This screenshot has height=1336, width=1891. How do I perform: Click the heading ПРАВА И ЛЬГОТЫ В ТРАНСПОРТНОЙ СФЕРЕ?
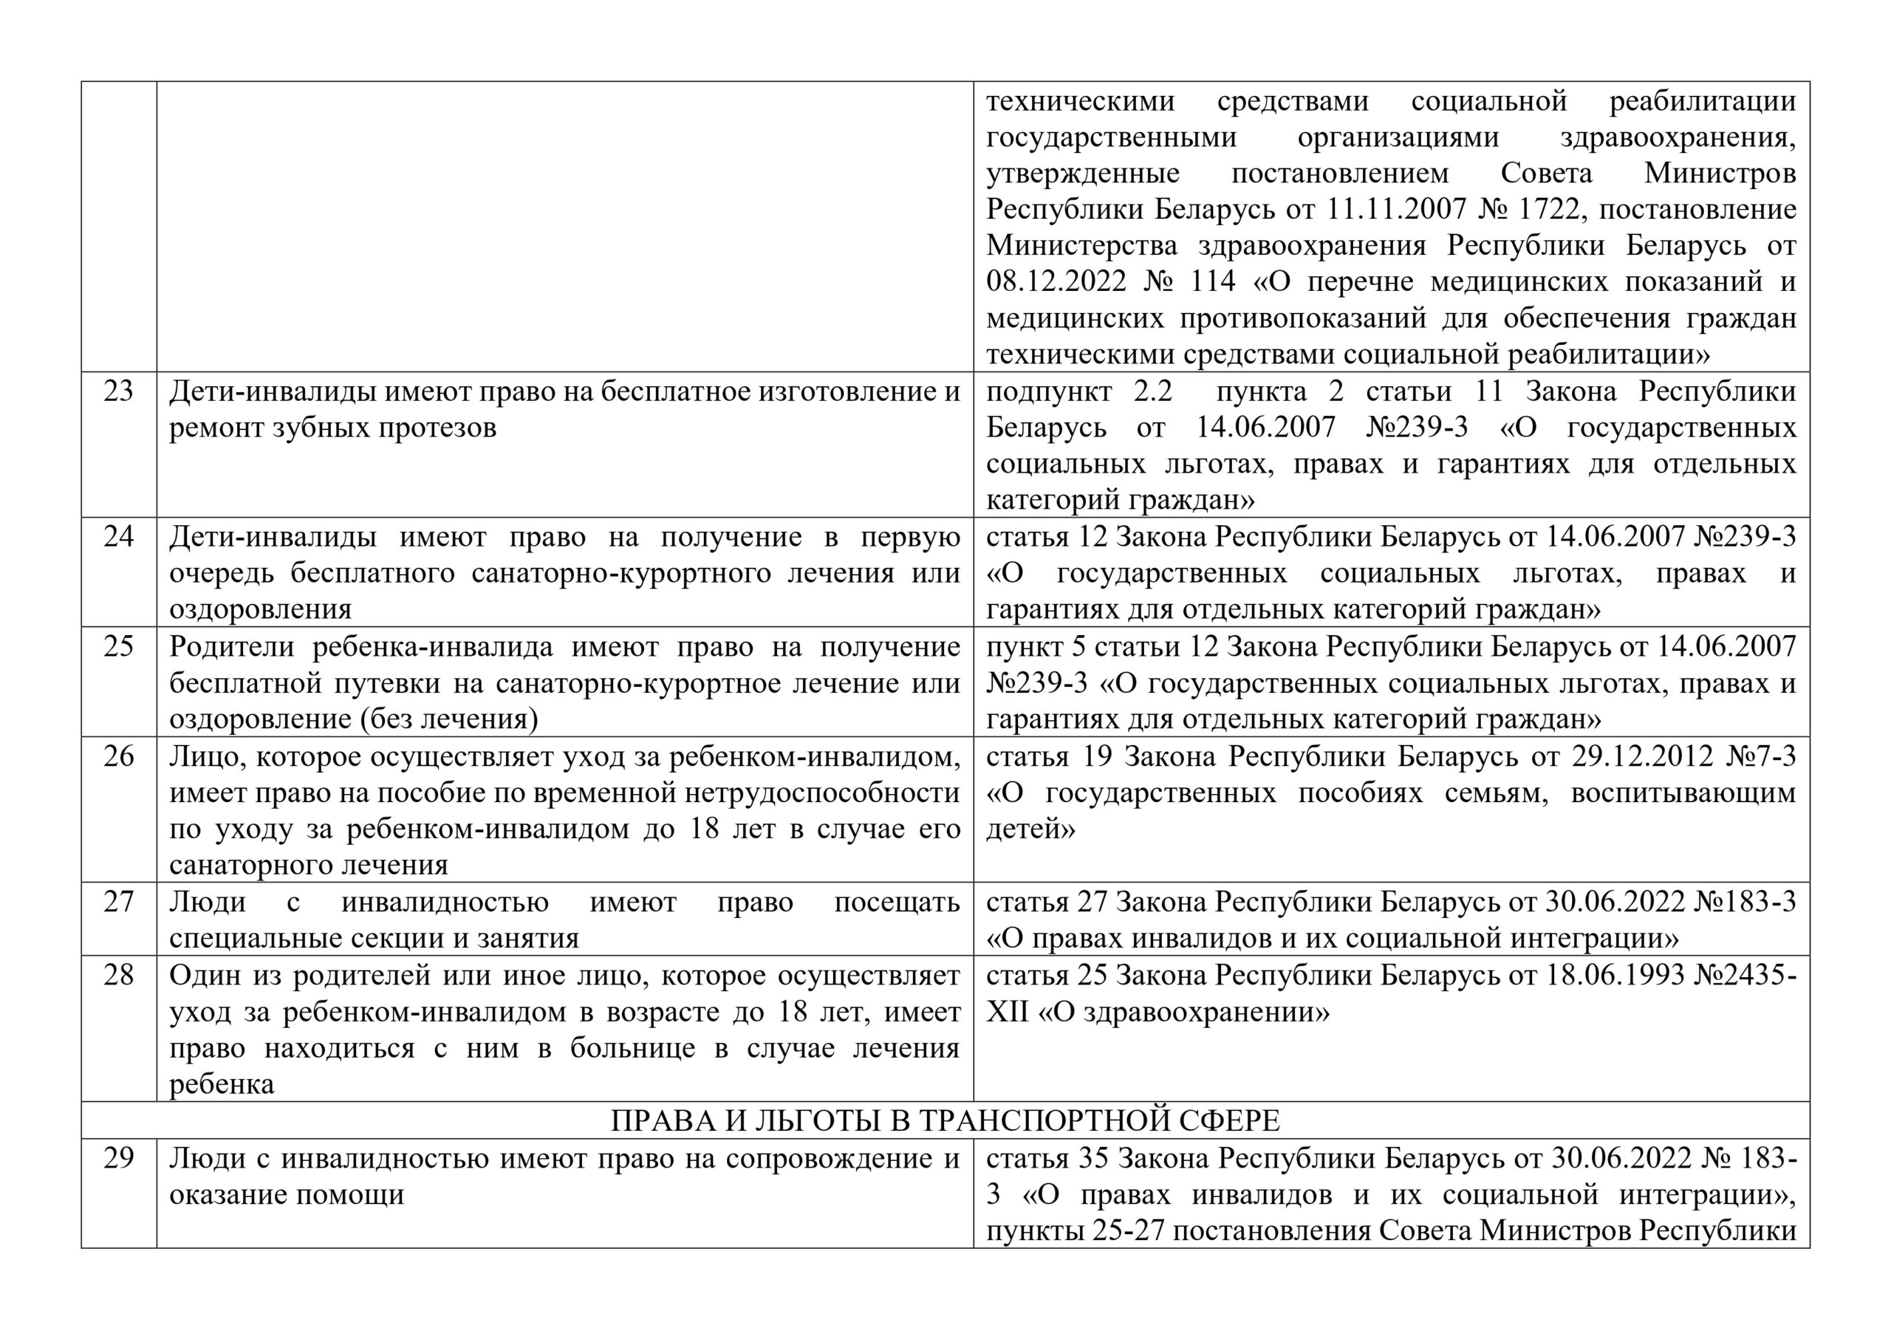pos(945,1121)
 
